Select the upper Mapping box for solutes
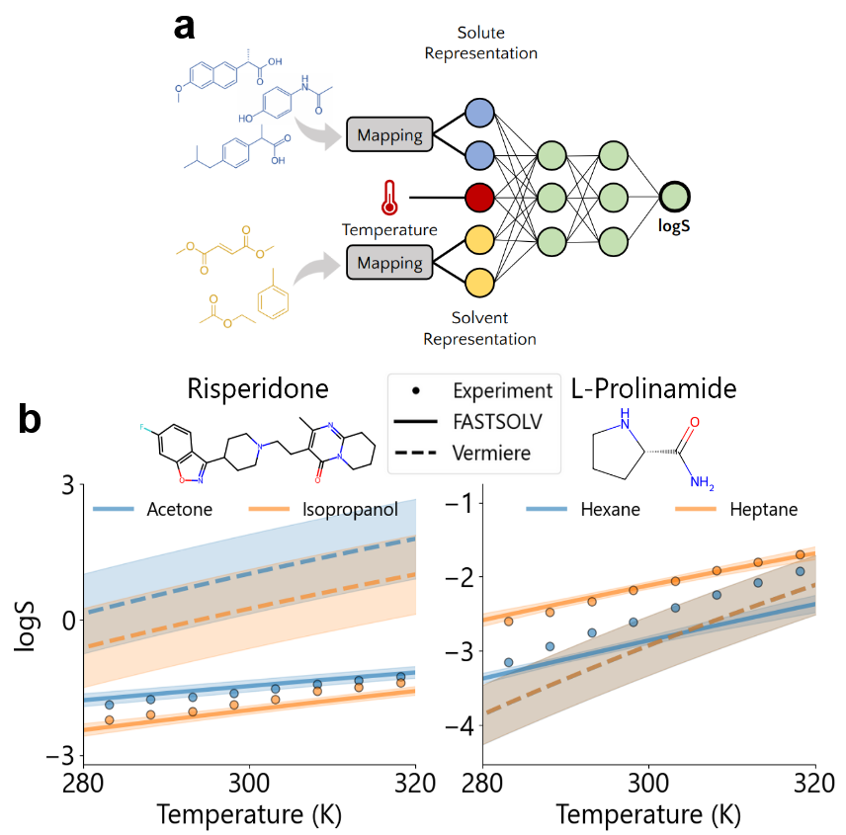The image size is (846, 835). [x=389, y=134]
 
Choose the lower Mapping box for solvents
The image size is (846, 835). [x=389, y=264]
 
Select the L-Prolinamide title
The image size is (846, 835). [x=653, y=388]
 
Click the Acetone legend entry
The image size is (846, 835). [x=178, y=510]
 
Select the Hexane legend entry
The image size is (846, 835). [x=608, y=510]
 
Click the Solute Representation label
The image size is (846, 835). [x=481, y=43]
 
